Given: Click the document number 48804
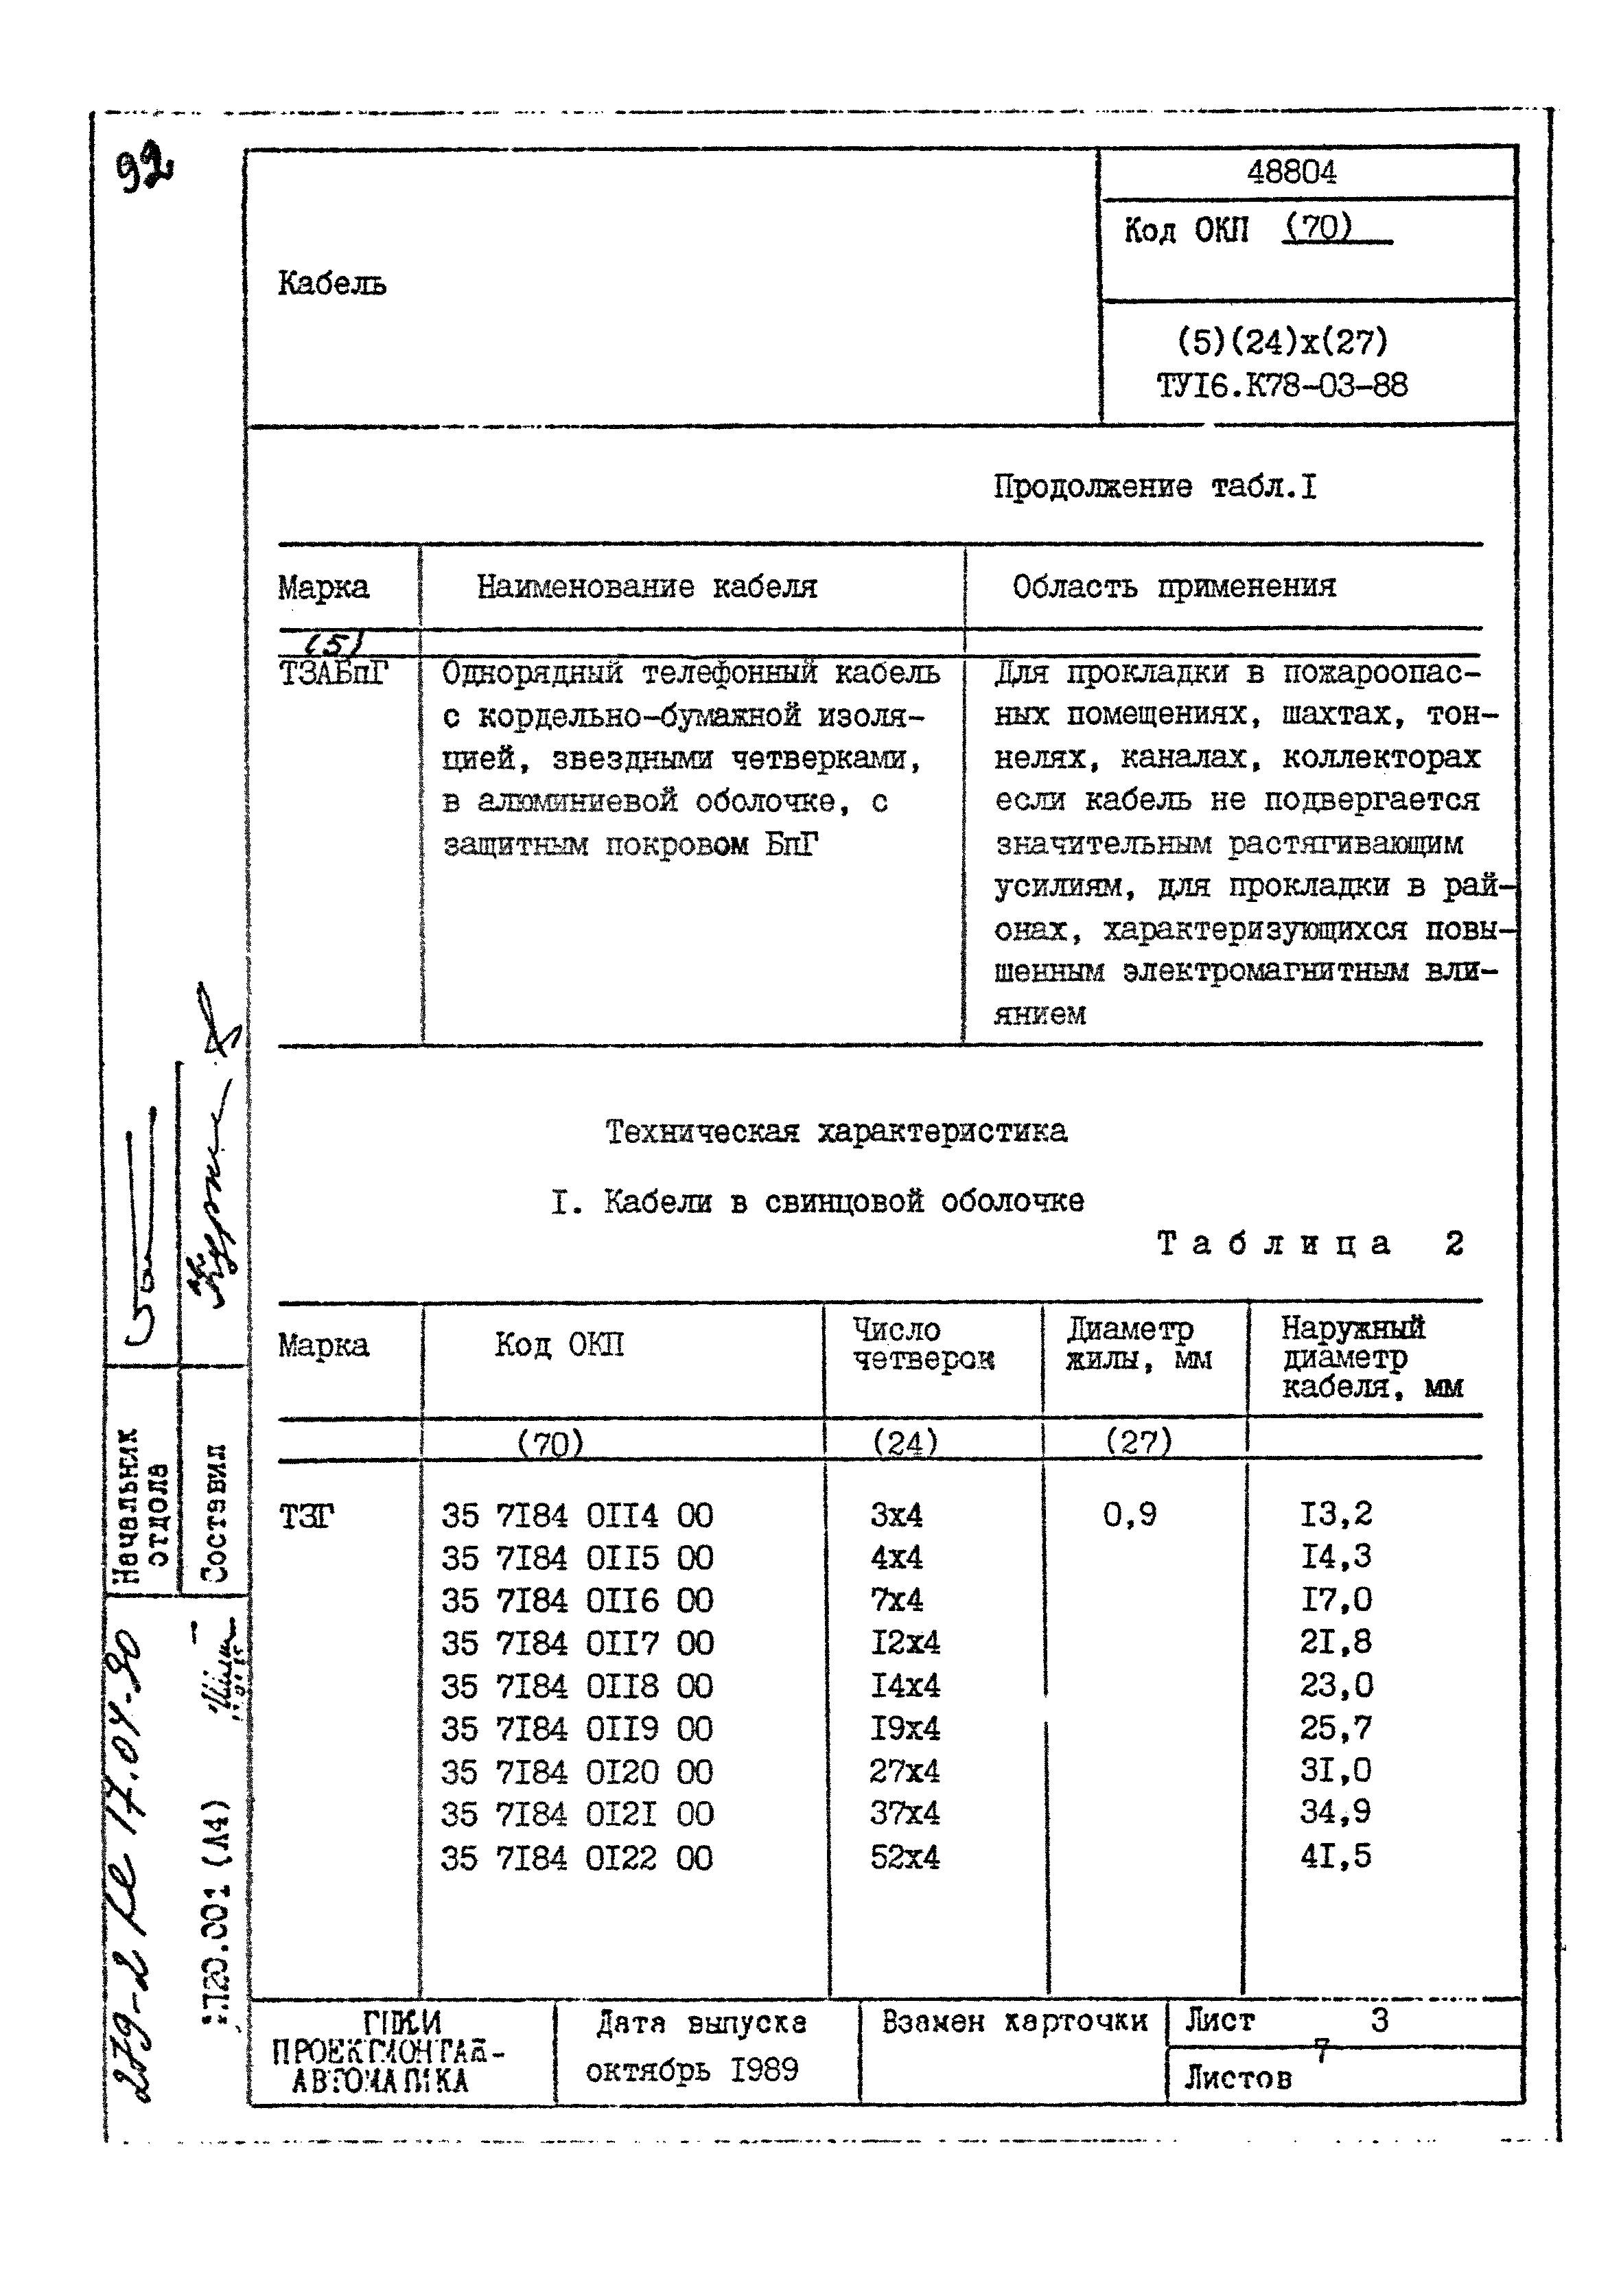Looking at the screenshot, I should (1291, 173).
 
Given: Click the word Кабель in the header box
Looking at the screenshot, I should (331, 284).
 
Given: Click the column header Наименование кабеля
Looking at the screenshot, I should (646, 587).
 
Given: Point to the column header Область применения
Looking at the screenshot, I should (1173, 586).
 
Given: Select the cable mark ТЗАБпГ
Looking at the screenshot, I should (332, 674).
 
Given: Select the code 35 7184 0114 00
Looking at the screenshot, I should (577, 1516).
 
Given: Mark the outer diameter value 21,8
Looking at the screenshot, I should (1335, 1641).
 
